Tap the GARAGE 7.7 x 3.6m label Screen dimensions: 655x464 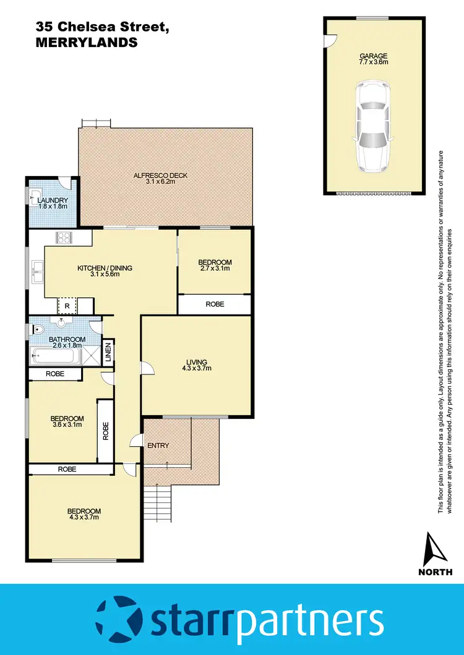(x=374, y=59)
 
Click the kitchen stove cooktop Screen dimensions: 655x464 (x=64, y=237)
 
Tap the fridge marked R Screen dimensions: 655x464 (x=66, y=305)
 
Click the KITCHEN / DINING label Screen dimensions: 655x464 (x=105, y=271)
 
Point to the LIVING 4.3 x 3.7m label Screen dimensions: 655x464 (x=197, y=365)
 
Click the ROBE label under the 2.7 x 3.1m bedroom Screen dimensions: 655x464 (x=215, y=304)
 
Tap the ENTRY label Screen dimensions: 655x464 (x=158, y=446)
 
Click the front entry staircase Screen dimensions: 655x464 (x=158, y=503)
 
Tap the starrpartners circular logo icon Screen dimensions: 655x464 (x=119, y=620)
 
